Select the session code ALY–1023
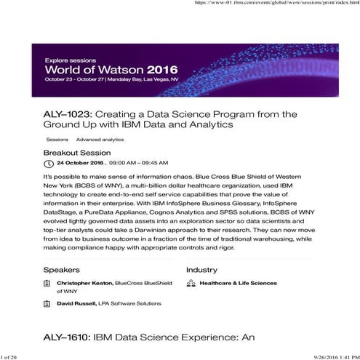[x=68, y=115]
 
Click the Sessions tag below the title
[x=57, y=139]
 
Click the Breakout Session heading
[x=77, y=153]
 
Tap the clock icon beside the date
[x=48, y=164]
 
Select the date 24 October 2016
[x=79, y=164]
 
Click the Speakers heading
[x=62, y=270]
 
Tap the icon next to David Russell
[x=49, y=303]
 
